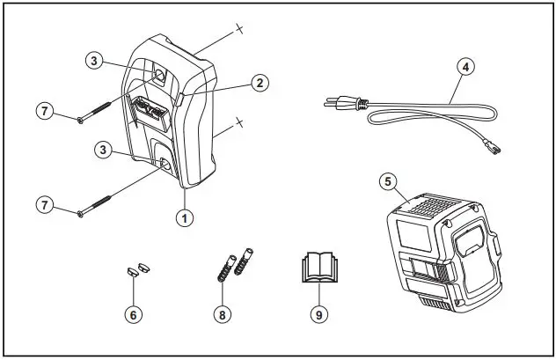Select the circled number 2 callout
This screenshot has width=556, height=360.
(x=259, y=83)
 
